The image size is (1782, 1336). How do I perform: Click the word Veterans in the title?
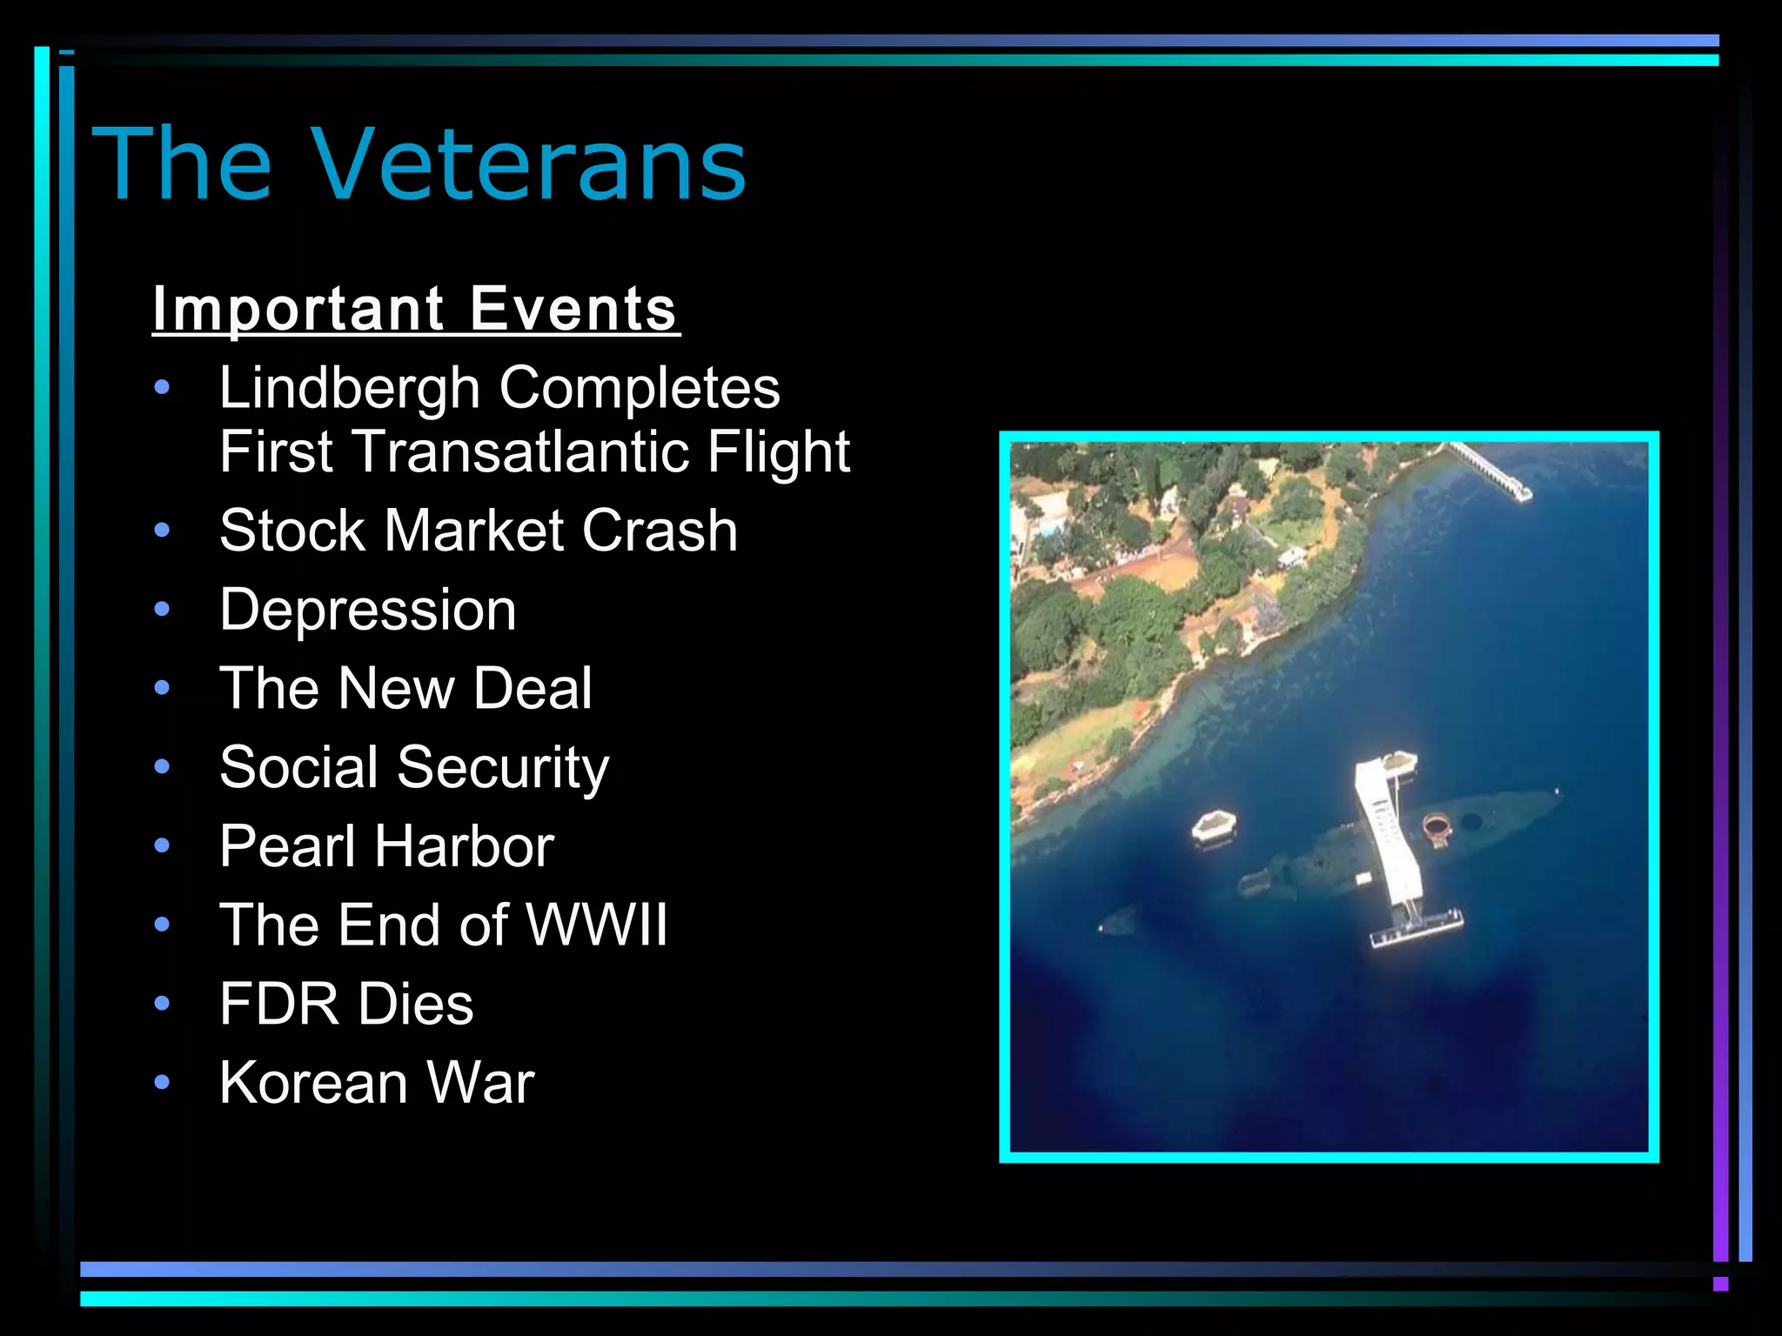tap(528, 164)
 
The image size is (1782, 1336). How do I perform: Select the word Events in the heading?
tap(573, 309)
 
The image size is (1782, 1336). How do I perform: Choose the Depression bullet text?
tap(368, 610)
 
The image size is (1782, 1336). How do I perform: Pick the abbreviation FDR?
tap(279, 1004)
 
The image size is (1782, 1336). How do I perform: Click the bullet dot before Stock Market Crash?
tap(162, 531)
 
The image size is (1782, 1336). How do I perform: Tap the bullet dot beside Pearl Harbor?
tap(162, 846)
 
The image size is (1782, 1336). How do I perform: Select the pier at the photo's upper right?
tap(1491, 471)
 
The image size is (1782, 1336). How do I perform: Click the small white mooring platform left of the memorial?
tap(1214, 824)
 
